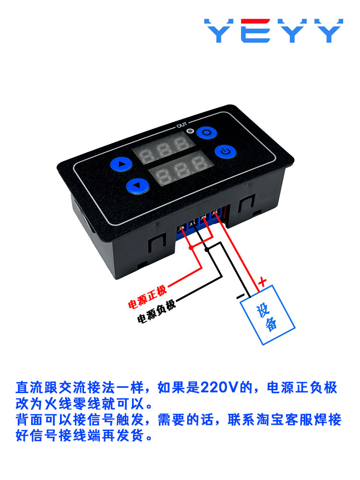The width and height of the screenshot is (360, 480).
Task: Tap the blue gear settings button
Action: point(206,133)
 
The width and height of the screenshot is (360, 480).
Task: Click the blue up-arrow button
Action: point(121,164)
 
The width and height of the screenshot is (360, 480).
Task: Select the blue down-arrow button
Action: point(138,186)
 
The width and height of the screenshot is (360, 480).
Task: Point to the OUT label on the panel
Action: point(181,125)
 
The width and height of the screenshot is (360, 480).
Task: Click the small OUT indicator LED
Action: point(191,131)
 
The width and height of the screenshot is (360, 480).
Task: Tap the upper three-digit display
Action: point(164,148)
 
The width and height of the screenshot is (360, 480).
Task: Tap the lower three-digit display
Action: point(181,169)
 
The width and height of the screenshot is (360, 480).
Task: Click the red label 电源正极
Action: point(147,297)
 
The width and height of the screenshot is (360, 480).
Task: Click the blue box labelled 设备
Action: point(267,315)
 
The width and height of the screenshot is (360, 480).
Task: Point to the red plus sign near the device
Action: point(263,281)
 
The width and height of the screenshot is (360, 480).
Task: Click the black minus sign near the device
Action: point(240,296)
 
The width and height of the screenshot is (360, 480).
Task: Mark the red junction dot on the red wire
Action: point(192,247)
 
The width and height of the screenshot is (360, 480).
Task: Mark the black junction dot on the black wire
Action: point(207,250)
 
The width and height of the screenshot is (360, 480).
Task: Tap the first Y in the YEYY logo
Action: point(219,31)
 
